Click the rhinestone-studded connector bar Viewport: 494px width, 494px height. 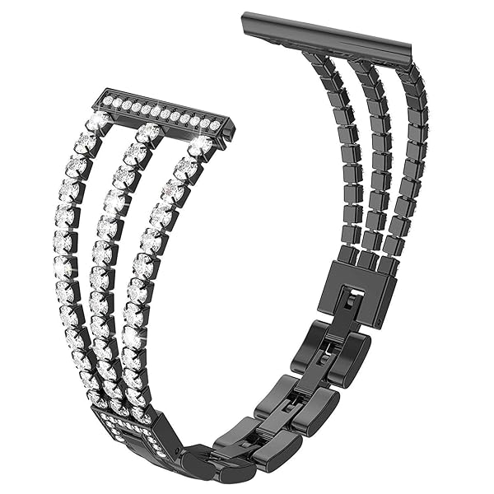tap(165, 112)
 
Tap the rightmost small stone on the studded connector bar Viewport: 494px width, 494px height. tap(216, 125)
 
